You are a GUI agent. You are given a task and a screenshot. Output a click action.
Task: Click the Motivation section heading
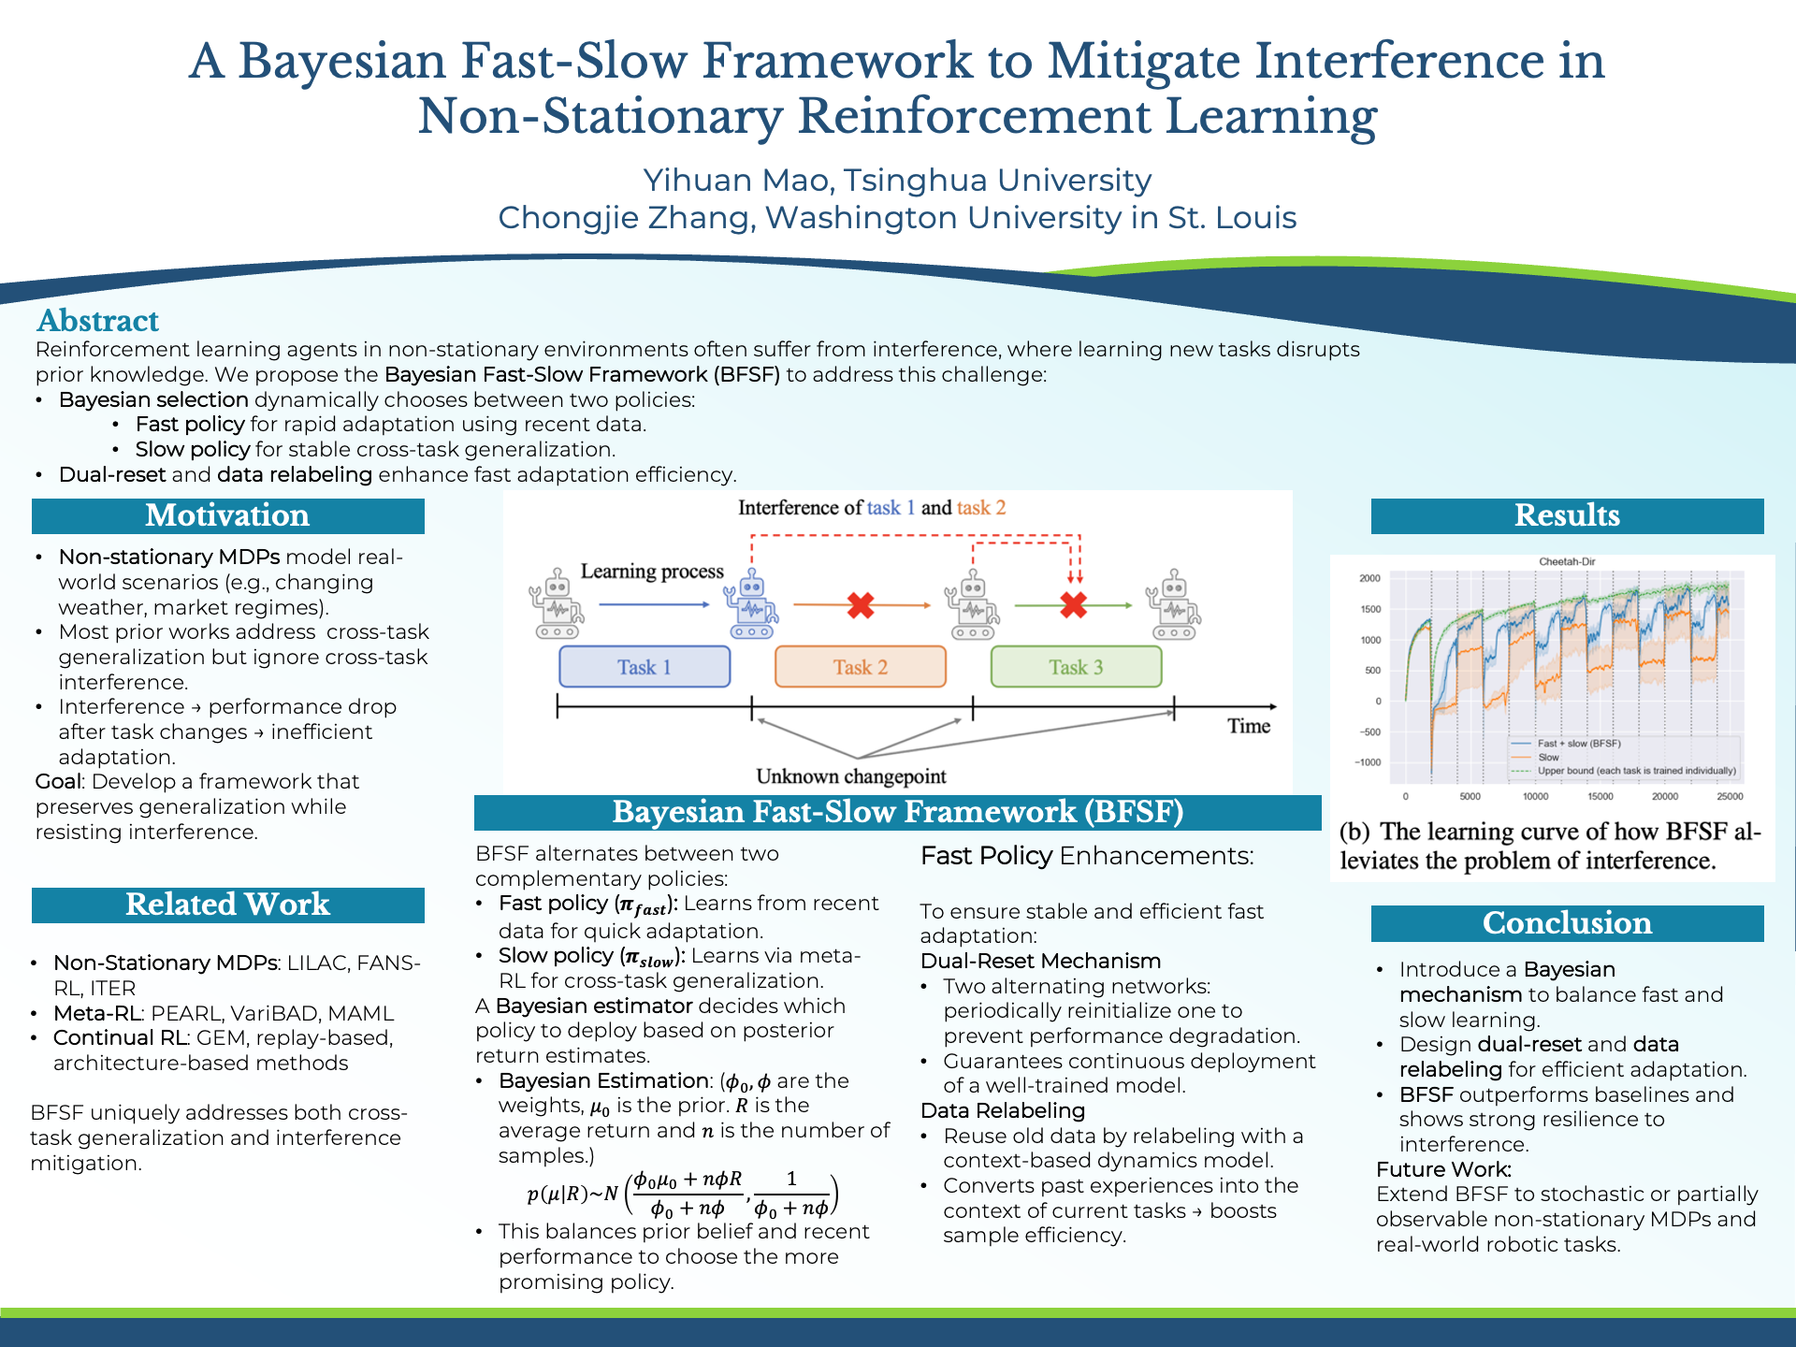pyautogui.click(x=227, y=515)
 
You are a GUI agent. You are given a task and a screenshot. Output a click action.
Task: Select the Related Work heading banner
pyautogui.click(x=227, y=905)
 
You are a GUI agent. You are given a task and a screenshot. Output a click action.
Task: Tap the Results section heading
pyautogui.click(x=1567, y=515)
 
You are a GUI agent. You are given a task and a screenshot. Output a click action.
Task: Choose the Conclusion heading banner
pyautogui.click(x=1567, y=923)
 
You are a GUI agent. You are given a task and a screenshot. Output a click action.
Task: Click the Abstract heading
pyautogui.click(x=98, y=321)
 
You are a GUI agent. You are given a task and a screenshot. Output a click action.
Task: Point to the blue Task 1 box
pyautogui.click(x=645, y=667)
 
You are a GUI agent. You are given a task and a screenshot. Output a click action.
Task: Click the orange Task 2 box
pyautogui.click(x=861, y=667)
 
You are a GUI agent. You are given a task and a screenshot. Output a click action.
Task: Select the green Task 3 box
pyautogui.click(x=1076, y=667)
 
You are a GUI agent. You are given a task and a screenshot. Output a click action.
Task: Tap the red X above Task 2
pyautogui.click(x=861, y=605)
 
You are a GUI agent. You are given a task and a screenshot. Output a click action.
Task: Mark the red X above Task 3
pyautogui.click(x=1074, y=605)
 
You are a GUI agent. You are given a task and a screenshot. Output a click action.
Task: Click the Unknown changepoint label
pyautogui.click(x=851, y=776)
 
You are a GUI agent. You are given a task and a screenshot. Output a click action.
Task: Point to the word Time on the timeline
pyautogui.click(x=1249, y=726)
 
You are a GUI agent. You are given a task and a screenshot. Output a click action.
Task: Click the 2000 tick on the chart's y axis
pyautogui.click(x=1369, y=578)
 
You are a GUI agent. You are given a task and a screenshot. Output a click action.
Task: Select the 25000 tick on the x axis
pyautogui.click(x=1730, y=796)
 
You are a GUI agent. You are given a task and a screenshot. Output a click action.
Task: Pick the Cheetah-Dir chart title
pyautogui.click(x=1567, y=561)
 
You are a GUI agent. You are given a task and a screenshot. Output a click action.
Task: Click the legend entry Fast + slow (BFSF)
pyautogui.click(x=1579, y=744)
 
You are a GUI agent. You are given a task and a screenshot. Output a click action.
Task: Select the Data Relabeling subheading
pyautogui.click(x=1003, y=1111)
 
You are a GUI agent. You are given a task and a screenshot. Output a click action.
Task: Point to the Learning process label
pyautogui.click(x=652, y=572)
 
